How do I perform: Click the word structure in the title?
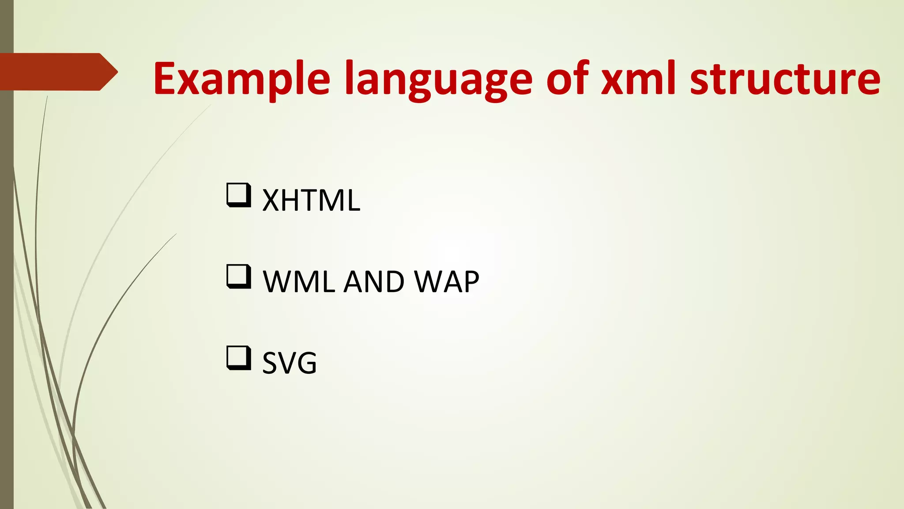coord(785,79)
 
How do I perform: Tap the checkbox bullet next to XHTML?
coord(239,195)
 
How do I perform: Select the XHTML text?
coord(311,201)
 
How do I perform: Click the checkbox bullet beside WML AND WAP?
coord(239,277)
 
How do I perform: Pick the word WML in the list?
coord(299,281)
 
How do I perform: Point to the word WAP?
coord(447,281)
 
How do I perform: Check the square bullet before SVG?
coord(239,358)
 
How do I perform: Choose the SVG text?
coord(290,363)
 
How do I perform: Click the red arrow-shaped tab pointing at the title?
coord(57,72)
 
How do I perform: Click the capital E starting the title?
coord(166,79)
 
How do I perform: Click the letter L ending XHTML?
coord(353,201)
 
